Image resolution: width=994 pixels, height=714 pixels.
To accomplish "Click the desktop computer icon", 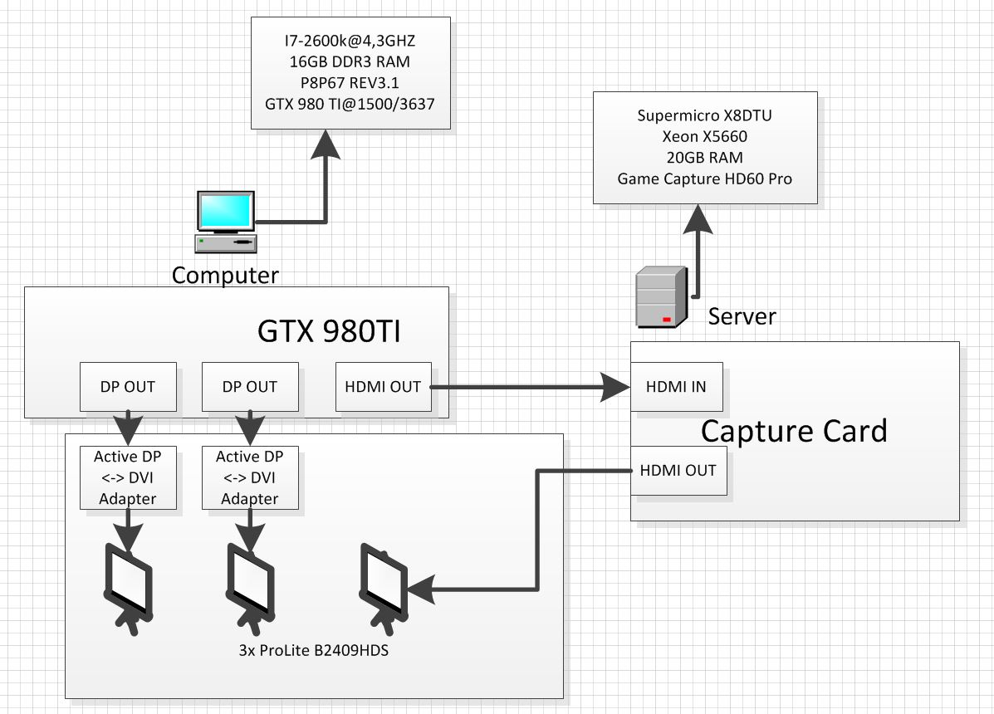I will point(226,221).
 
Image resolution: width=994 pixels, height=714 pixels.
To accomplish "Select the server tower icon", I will point(661,297).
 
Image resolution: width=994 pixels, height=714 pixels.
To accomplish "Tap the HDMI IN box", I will point(676,387).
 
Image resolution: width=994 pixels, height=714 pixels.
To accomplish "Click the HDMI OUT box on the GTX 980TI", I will point(383,387).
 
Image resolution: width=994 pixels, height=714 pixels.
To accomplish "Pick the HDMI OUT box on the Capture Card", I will point(678,471).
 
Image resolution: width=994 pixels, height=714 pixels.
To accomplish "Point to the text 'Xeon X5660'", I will point(704,136).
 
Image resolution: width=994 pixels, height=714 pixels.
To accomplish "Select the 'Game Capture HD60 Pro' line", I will point(704,178).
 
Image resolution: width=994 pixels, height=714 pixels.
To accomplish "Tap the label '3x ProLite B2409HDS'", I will point(314,650).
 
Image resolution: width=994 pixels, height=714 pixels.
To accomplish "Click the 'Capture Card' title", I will point(794,431).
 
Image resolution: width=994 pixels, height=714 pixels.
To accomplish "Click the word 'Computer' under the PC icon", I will point(225,275).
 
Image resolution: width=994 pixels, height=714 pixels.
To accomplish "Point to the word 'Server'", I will point(742,316).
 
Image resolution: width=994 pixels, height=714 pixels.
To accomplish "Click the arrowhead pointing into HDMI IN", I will point(616,387).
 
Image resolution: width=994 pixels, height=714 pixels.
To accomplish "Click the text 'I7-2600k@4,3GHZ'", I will point(350,40).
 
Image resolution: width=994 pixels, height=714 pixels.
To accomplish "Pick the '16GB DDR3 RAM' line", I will point(350,61).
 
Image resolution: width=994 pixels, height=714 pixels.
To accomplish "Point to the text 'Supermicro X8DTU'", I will point(704,115).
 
